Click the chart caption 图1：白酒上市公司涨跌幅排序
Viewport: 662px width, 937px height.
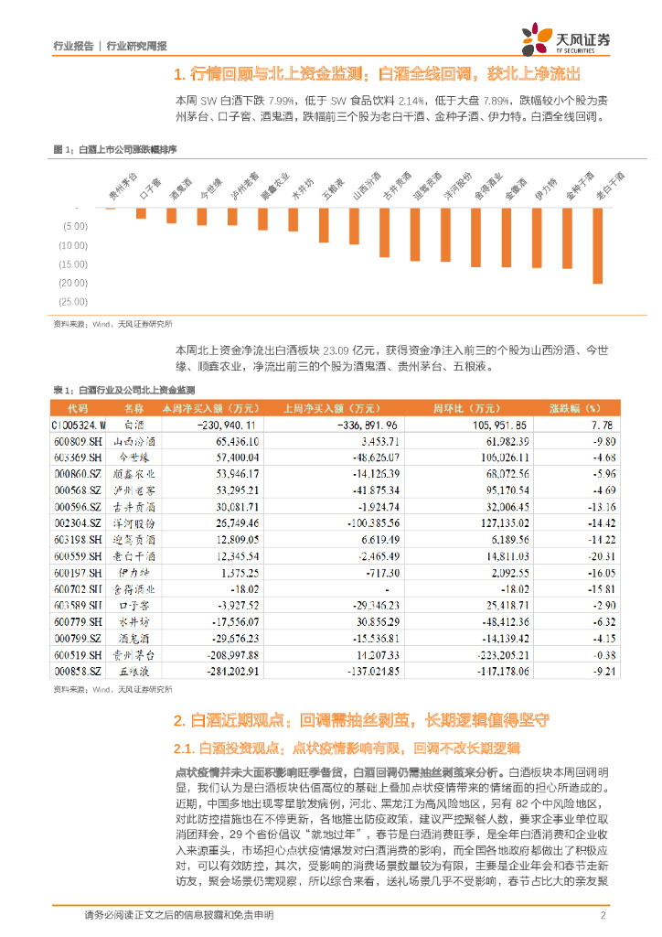[115, 148]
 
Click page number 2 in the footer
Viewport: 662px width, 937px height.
[603, 916]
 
